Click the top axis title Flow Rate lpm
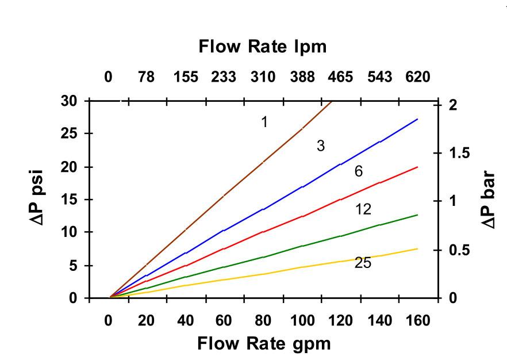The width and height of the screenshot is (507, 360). [263, 47]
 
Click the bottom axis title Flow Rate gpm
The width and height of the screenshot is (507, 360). [264, 344]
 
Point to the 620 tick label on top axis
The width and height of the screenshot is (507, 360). [417, 77]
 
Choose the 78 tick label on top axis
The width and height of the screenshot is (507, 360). [147, 77]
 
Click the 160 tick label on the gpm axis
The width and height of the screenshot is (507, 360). [417, 321]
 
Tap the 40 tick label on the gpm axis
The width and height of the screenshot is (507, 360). [185, 321]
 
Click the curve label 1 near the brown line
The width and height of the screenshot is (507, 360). [264, 122]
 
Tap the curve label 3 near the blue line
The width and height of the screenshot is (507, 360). [321, 146]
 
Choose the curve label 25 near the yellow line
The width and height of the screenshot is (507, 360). [363, 263]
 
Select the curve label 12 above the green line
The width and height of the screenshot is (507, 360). [363, 209]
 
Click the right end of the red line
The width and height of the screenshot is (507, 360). [417, 167]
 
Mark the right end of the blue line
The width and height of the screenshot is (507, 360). [417, 119]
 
